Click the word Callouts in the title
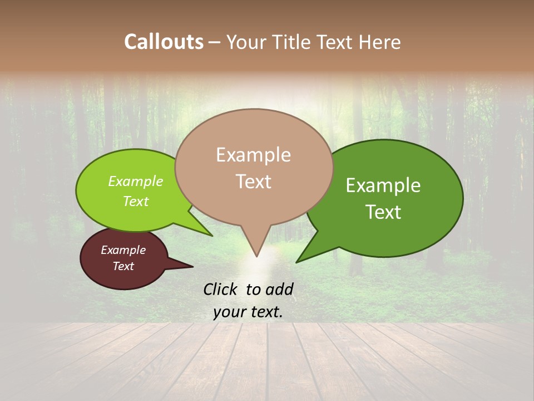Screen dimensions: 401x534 coord(164,42)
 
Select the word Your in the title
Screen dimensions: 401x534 coord(246,42)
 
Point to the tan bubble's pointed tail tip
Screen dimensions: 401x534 coord(256,256)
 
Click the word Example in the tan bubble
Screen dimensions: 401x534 coord(254,155)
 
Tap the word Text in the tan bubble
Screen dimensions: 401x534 coord(254,182)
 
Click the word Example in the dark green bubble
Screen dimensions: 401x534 coord(383,185)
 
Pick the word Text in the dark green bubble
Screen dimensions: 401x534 coord(383,212)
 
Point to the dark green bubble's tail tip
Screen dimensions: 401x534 coord(296,262)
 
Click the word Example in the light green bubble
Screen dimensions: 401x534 coord(136,182)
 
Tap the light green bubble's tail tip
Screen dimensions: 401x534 coord(212,236)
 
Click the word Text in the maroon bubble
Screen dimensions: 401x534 coord(123,266)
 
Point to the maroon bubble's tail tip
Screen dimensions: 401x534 coord(193,267)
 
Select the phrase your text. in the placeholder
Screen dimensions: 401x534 coord(248,312)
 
